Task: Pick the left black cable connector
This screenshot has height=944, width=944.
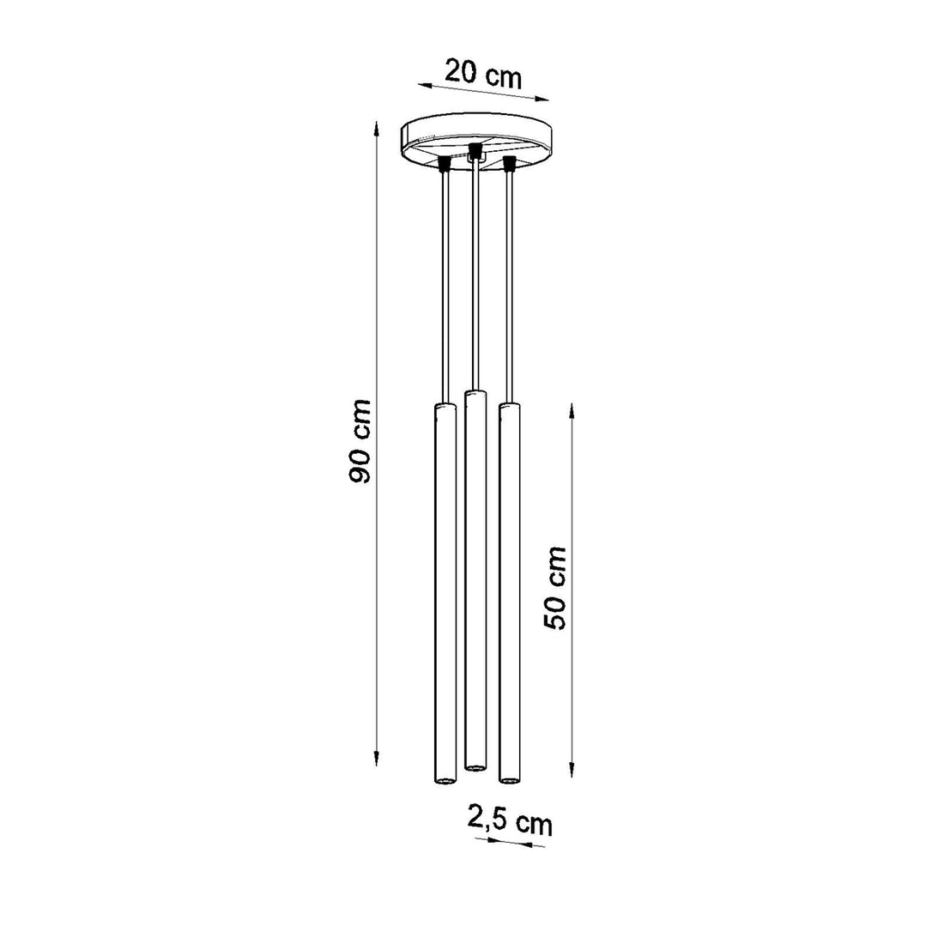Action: (445, 162)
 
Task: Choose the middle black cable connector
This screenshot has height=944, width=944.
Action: (475, 152)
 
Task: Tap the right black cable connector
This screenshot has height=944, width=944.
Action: (509, 162)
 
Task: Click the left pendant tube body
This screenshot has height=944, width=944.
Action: (445, 592)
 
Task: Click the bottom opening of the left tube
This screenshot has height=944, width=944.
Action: (445, 780)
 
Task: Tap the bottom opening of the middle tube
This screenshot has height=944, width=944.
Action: (475, 763)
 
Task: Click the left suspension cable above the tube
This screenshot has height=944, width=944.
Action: (444, 283)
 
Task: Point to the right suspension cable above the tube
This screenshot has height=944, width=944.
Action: (509, 283)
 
